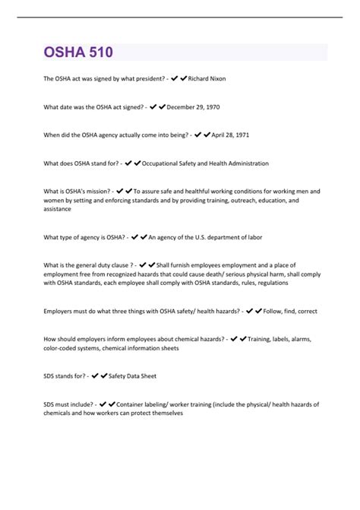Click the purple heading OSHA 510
point(78,52)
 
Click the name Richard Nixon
point(207,78)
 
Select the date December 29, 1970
point(194,106)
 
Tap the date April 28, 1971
point(231,135)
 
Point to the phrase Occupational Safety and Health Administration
point(205,163)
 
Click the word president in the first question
point(145,78)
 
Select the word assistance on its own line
point(58,208)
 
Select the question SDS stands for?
point(65,375)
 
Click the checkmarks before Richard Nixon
point(179,78)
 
